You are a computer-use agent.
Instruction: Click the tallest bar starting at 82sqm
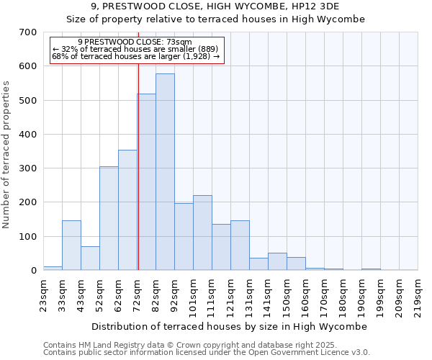pyautogui.click(x=165, y=172)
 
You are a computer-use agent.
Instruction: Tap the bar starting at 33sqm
pyautogui.click(x=71, y=246)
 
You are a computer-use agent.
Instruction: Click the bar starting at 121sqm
pyautogui.click(x=240, y=246)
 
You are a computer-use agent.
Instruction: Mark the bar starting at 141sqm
pyautogui.click(x=277, y=261)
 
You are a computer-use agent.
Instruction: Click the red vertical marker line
pyautogui.click(x=138, y=166)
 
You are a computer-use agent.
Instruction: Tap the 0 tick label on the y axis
pyautogui.click(x=33, y=271)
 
